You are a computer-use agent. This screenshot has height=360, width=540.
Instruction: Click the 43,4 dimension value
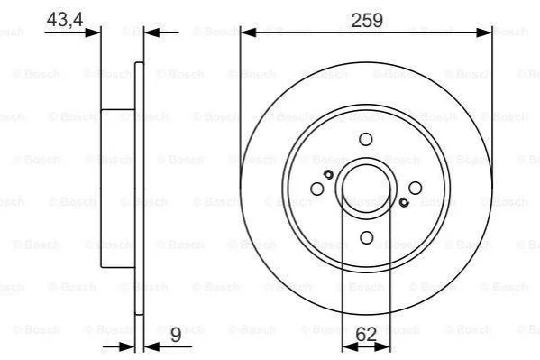pyautogui.click(x=65, y=19)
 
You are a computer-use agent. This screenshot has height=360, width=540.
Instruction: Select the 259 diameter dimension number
pyautogui.click(x=367, y=20)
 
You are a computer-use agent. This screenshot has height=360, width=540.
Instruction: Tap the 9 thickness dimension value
pyautogui.click(x=176, y=335)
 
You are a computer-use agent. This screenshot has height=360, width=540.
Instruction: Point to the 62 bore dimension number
pyautogui.click(x=366, y=334)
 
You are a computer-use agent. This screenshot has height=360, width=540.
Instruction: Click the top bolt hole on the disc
pyautogui.click(x=366, y=139)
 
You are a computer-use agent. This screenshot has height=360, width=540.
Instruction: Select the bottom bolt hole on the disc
pyautogui.click(x=366, y=237)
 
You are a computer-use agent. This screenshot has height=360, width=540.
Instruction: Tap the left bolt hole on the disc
pyautogui.click(x=316, y=189)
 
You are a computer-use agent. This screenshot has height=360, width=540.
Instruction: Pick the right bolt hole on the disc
pyautogui.click(x=415, y=188)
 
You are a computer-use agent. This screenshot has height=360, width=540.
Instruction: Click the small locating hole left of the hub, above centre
pyautogui.click(x=328, y=174)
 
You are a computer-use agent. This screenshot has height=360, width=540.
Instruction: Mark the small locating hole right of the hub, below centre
pyautogui.click(x=404, y=202)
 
